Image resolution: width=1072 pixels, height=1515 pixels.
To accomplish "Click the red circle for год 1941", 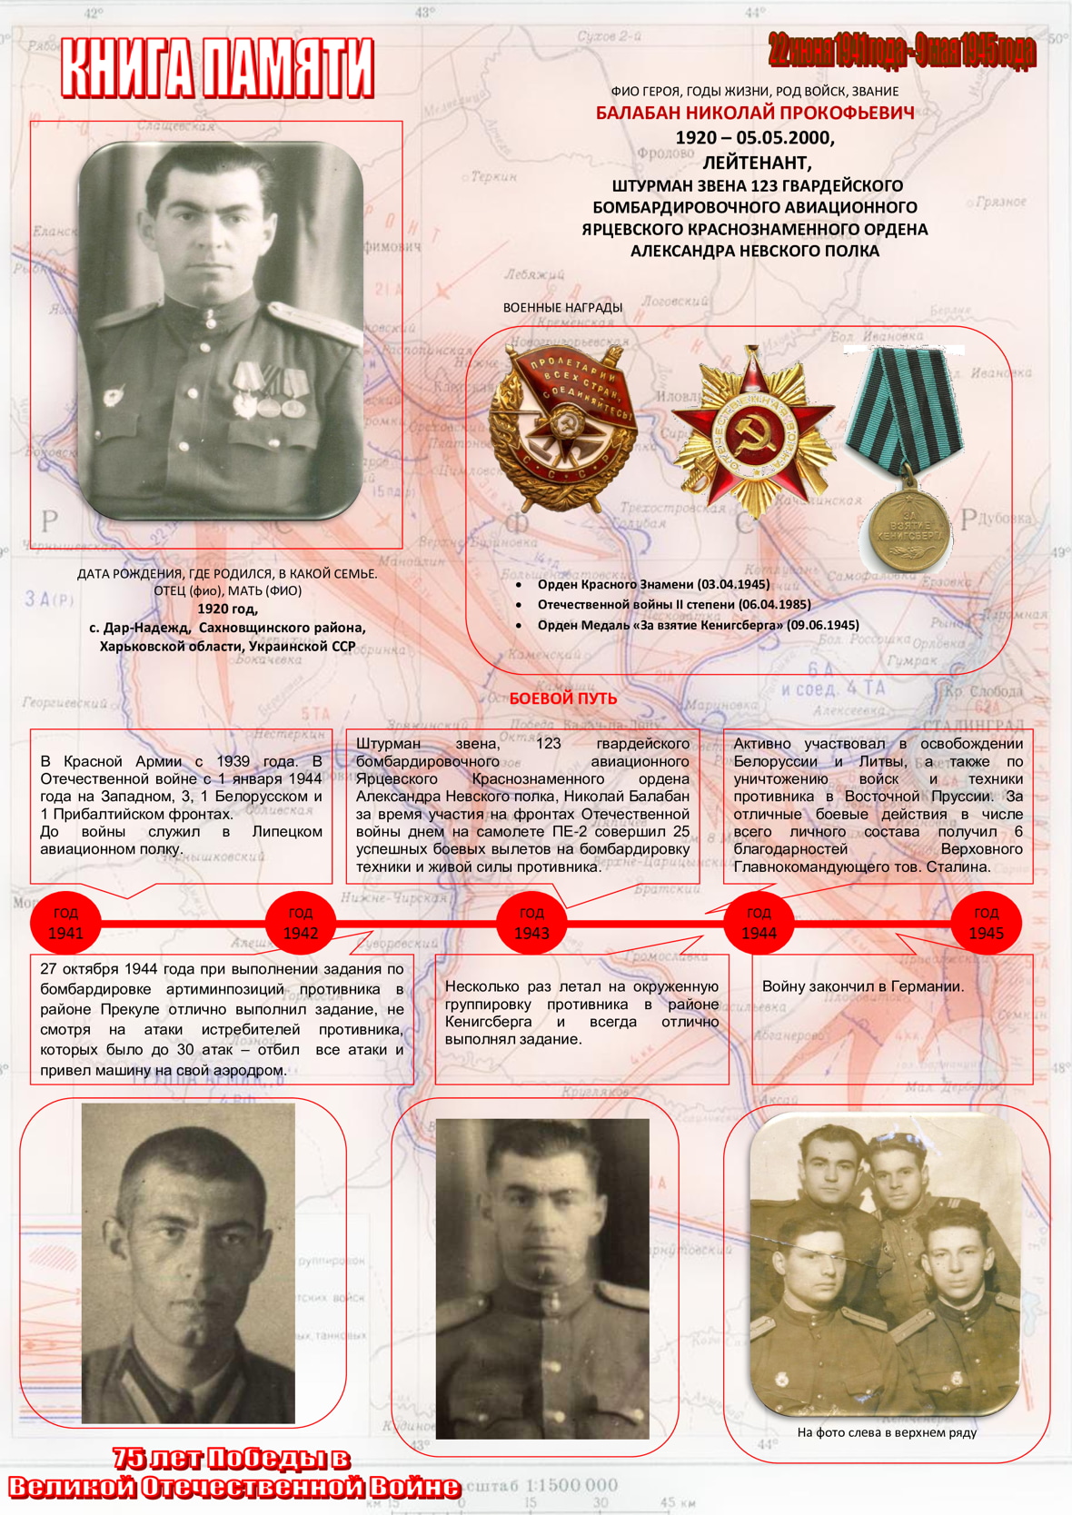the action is click(x=65, y=923).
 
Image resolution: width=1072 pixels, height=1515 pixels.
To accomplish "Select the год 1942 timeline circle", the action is click(x=300, y=923).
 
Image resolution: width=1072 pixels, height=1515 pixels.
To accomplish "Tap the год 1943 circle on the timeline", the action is click(x=531, y=923).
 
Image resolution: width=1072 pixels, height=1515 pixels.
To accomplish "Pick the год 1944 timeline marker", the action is click(x=759, y=923).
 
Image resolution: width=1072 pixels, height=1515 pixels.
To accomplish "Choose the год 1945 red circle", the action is click(x=986, y=923).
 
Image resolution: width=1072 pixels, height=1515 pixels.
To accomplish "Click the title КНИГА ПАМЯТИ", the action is click(x=217, y=67).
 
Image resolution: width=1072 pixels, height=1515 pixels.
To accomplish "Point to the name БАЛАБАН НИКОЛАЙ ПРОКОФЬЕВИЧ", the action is click(x=755, y=113).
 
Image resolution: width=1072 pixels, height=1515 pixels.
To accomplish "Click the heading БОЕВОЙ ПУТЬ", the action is click(x=562, y=698).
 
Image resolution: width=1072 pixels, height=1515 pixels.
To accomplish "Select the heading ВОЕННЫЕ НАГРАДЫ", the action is click(x=562, y=307).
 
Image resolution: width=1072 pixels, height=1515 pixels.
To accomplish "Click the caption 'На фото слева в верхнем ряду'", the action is click(x=886, y=1432).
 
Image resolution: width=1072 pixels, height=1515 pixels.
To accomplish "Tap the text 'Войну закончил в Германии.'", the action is click(x=862, y=986).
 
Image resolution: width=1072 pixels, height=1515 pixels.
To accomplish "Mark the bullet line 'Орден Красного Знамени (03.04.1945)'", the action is click(x=652, y=584).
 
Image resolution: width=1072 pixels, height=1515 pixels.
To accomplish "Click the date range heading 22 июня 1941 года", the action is click(x=901, y=51).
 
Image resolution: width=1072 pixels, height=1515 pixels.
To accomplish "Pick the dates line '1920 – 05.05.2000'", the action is click(x=754, y=138).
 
